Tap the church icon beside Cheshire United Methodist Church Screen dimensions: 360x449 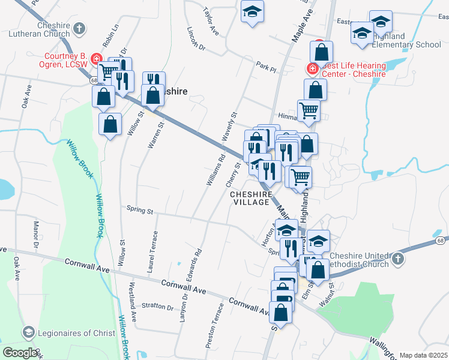click(x=396, y=259)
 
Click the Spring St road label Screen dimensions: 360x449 click(x=140, y=211)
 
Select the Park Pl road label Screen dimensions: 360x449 click(x=265, y=67)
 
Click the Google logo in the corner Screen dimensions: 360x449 click(x=20, y=353)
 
